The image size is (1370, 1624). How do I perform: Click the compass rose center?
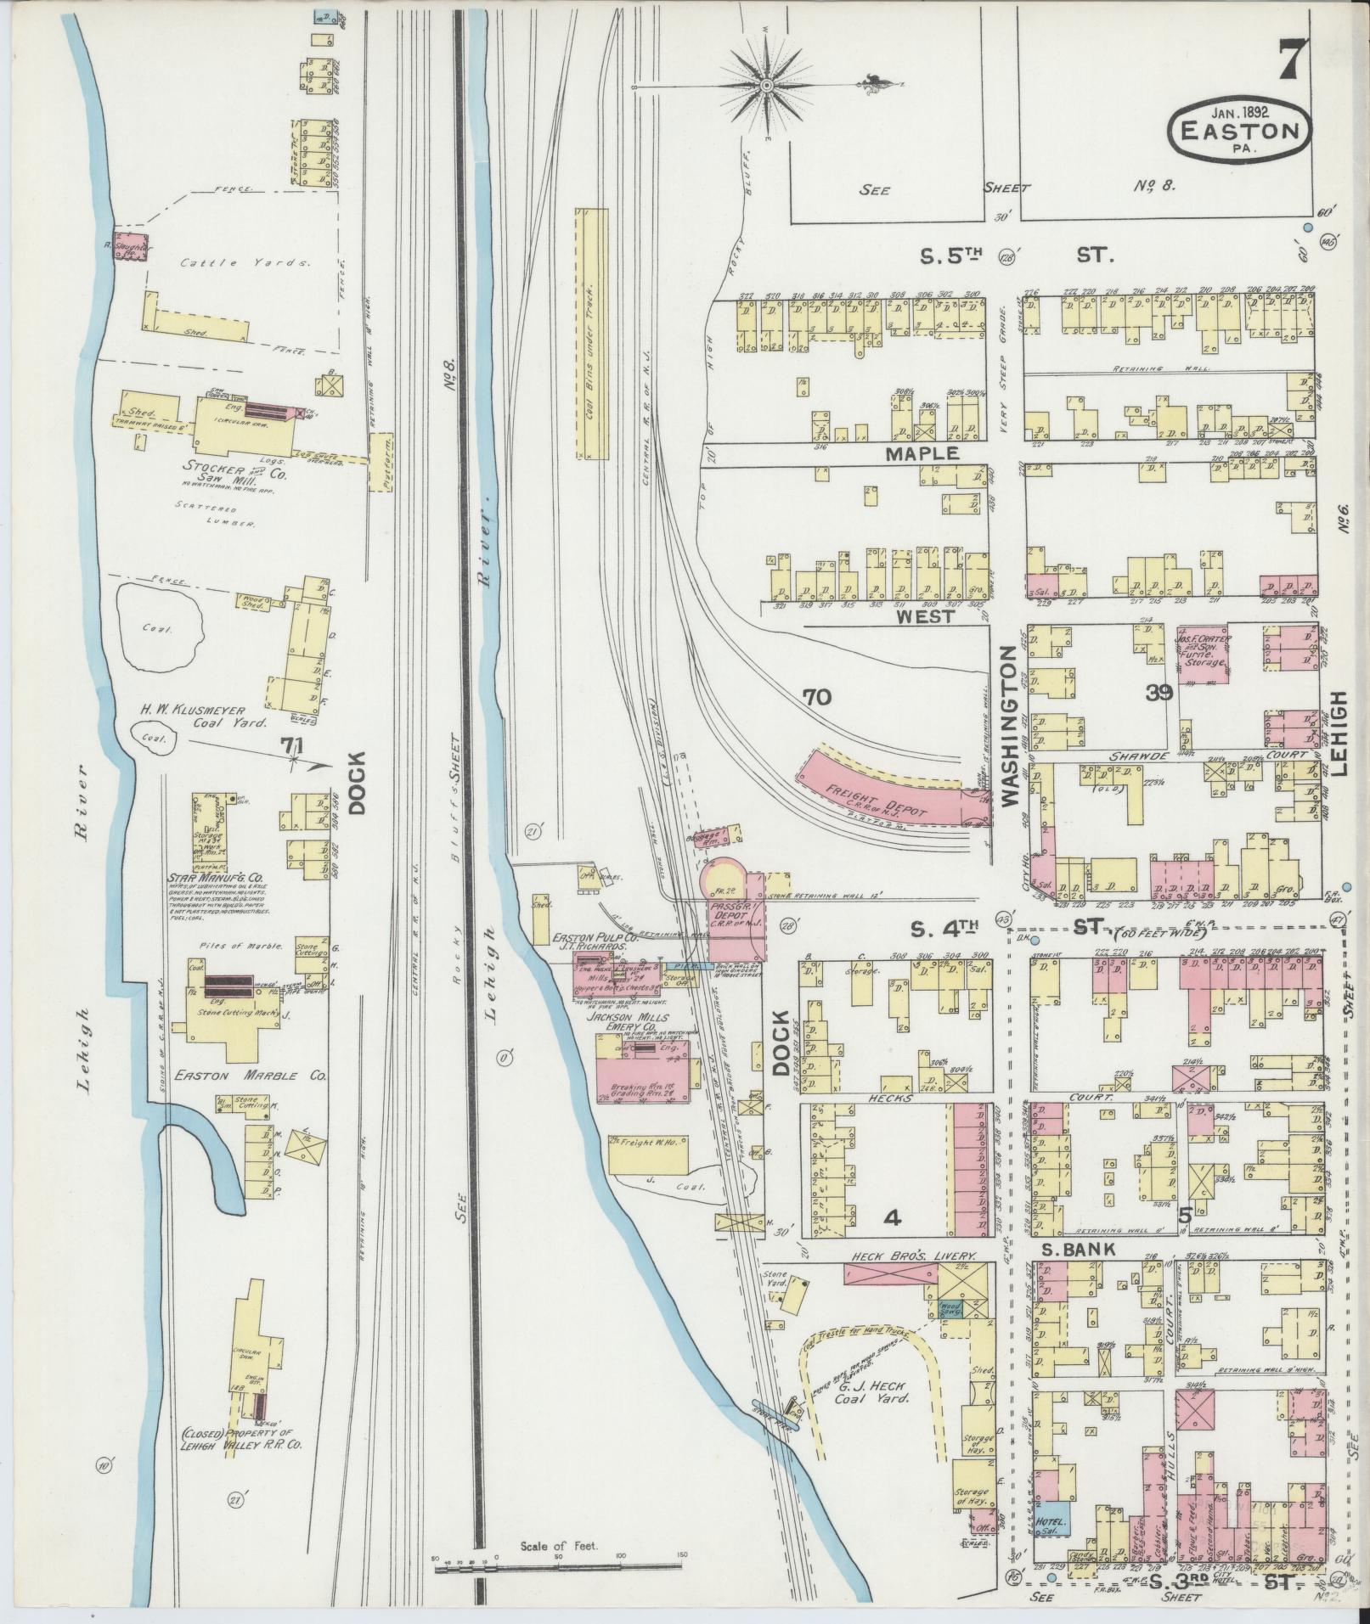coord(765,86)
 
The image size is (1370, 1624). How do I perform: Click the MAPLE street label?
coord(922,453)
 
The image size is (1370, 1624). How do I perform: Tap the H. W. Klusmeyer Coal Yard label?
coord(217,716)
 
